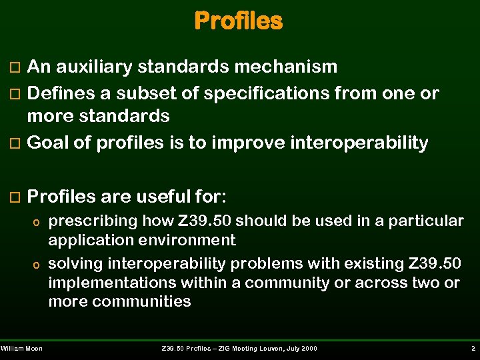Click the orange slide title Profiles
[238, 21]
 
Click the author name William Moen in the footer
[21, 349]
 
